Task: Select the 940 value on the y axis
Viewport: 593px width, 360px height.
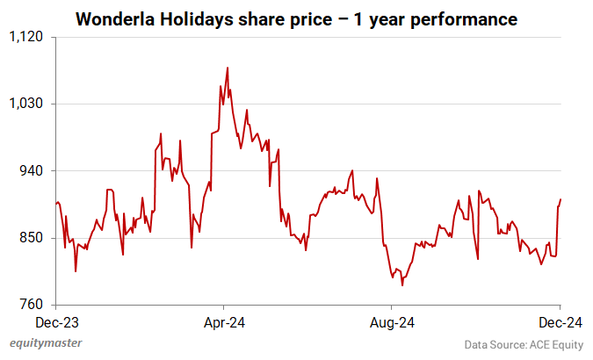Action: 32,170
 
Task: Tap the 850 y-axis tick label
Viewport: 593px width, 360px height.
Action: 32,238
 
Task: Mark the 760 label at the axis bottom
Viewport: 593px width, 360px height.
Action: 32,305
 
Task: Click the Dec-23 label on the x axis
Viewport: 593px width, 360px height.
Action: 55,322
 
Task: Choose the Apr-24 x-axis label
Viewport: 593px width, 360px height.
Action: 223,322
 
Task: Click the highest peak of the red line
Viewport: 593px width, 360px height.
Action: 228,68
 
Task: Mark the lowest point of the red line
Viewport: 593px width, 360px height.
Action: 402,285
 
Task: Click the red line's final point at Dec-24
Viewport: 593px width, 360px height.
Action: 560,199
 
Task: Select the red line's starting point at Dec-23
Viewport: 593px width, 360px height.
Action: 55,204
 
